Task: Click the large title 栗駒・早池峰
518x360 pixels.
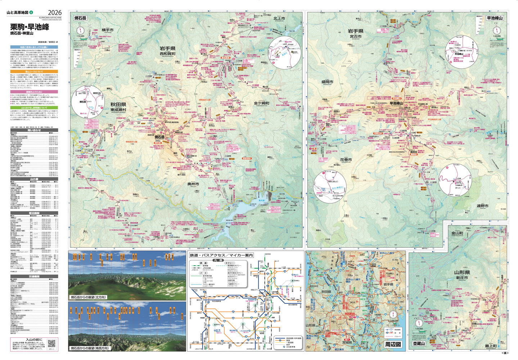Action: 30,27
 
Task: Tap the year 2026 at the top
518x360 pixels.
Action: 54,13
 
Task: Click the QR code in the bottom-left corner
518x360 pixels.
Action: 51,344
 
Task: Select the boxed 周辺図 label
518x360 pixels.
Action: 393,345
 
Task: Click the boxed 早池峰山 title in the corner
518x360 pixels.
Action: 495,18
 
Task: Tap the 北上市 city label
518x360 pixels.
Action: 279,18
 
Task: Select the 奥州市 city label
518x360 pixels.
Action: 193,184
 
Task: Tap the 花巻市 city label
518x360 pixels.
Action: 346,159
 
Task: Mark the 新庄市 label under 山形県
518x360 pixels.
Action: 460,278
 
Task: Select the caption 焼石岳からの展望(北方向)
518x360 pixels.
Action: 88,297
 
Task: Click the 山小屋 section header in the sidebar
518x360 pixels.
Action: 34,179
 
